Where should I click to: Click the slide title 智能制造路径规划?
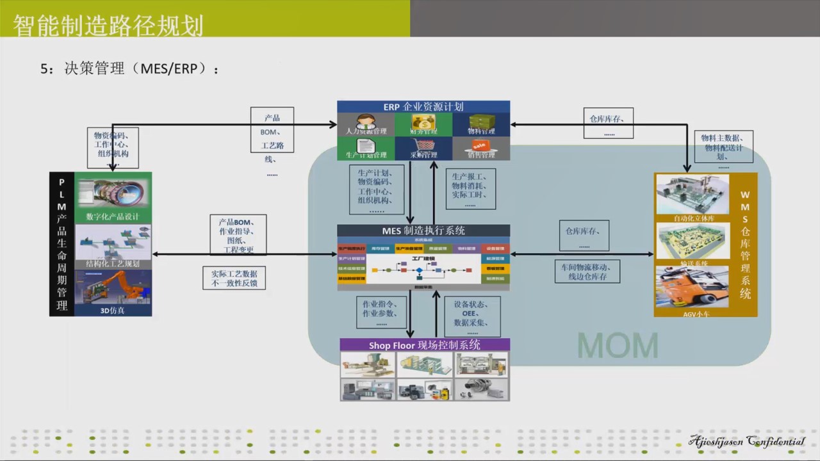[x=108, y=26]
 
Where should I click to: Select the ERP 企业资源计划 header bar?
[x=423, y=107]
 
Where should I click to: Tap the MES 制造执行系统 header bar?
[x=423, y=230]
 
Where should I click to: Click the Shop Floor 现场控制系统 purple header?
[x=425, y=345]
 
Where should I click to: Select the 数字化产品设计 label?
[x=113, y=216]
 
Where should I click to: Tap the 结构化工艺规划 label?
[x=113, y=264]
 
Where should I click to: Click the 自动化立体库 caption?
[x=693, y=218]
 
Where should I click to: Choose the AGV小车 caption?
[x=692, y=314]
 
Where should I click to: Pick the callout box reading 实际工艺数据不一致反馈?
[x=234, y=278]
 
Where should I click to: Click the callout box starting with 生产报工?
[x=470, y=189]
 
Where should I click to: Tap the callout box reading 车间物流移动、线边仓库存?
[x=587, y=271]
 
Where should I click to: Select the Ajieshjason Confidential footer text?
[x=746, y=442]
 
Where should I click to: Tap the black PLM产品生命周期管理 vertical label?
[x=61, y=244]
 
